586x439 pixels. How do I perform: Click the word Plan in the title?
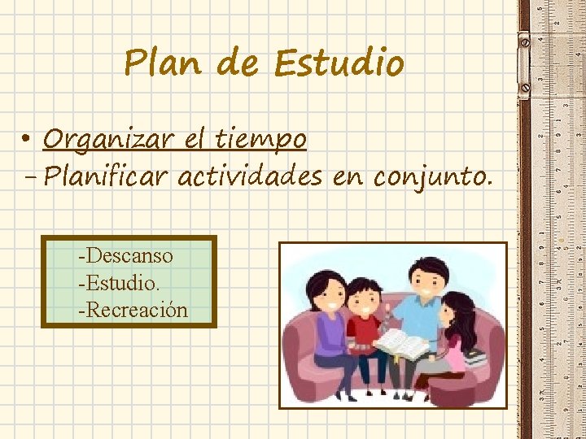(163, 63)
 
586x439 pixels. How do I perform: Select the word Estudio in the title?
(339, 63)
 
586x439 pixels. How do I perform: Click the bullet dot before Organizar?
(27, 141)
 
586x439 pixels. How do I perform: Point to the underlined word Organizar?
(110, 140)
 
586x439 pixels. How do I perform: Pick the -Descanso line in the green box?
(125, 256)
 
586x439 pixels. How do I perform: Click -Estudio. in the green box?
(119, 283)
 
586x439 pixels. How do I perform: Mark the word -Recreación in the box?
(133, 310)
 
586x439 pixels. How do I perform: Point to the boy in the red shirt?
(363, 325)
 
